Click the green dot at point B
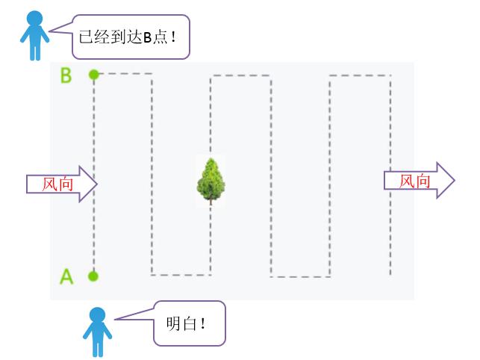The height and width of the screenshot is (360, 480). [x=93, y=74]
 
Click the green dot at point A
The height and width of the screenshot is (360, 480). [x=93, y=276]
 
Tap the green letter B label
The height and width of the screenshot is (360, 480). [x=66, y=75]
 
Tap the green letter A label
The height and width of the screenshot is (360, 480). [x=66, y=276]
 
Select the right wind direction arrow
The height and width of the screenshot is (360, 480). [x=418, y=181]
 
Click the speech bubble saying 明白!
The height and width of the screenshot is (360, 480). [x=190, y=324]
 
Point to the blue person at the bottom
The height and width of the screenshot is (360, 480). [x=97, y=332]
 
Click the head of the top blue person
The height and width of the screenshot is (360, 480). [x=33, y=19]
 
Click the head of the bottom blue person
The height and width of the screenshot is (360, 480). [x=97, y=315]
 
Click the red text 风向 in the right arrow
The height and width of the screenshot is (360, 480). [x=414, y=181]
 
